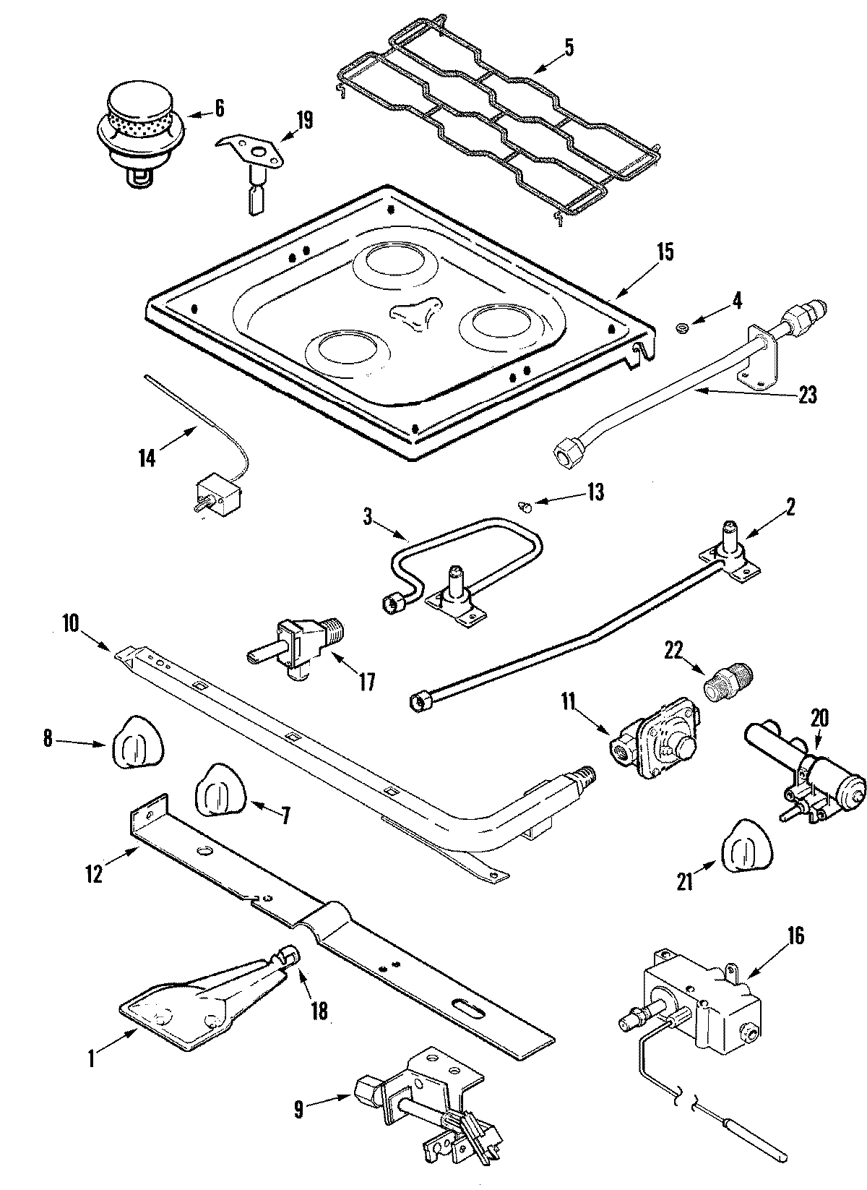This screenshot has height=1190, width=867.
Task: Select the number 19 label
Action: click(304, 120)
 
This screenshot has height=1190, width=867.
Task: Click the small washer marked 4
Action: click(680, 329)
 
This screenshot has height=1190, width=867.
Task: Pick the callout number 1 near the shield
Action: click(92, 1060)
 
